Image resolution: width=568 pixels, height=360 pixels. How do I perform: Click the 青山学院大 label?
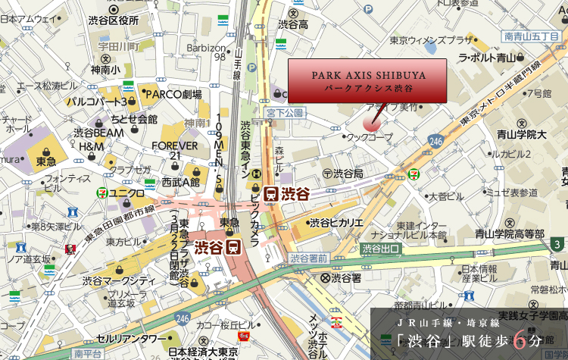pyautogui.click(x=521, y=134)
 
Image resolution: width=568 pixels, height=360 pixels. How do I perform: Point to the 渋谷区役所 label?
pyautogui.click(x=113, y=20)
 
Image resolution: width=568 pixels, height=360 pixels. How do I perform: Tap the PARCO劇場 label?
pyautogui.click(x=173, y=95)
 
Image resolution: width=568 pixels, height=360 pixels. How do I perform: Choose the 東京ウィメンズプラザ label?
pyautogui.click(x=431, y=39)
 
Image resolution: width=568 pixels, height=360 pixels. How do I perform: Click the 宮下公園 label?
pyautogui.click(x=284, y=112)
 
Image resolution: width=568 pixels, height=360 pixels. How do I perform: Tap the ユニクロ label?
pyautogui.click(x=126, y=193)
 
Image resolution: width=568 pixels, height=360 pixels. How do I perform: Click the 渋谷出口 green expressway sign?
pyautogui.click(x=380, y=248)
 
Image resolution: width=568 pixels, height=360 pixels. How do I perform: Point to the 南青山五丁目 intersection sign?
pyautogui.click(x=529, y=36)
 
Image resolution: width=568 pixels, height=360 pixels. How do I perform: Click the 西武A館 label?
pyautogui.click(x=180, y=182)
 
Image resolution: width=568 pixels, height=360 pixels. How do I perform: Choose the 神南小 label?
pyautogui.click(x=105, y=70)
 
